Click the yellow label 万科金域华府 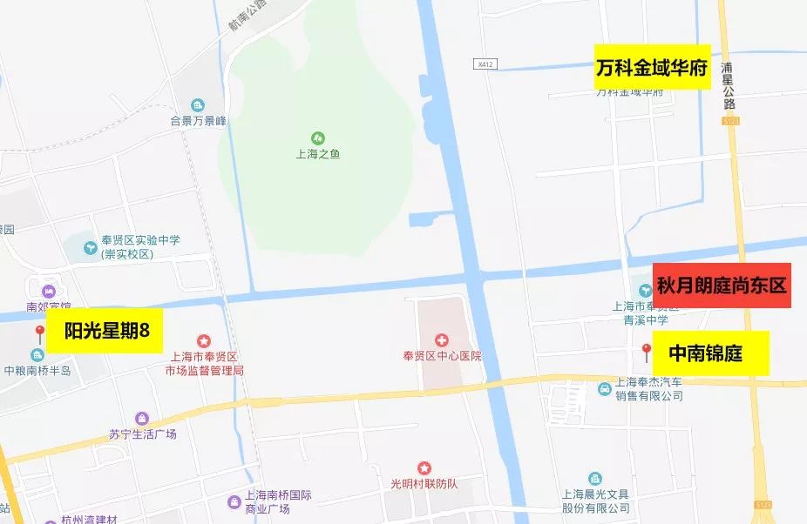[652, 66]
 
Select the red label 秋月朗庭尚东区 [722, 286]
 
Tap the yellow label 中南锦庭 [706, 353]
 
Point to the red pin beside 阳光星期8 [40, 333]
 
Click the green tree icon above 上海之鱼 [317, 138]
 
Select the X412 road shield [485, 64]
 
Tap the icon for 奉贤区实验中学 [91, 247]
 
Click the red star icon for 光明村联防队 [424, 467]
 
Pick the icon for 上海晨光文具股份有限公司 [595, 479]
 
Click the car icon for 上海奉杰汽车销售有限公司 [604, 388]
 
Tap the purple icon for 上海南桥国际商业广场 [234, 502]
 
